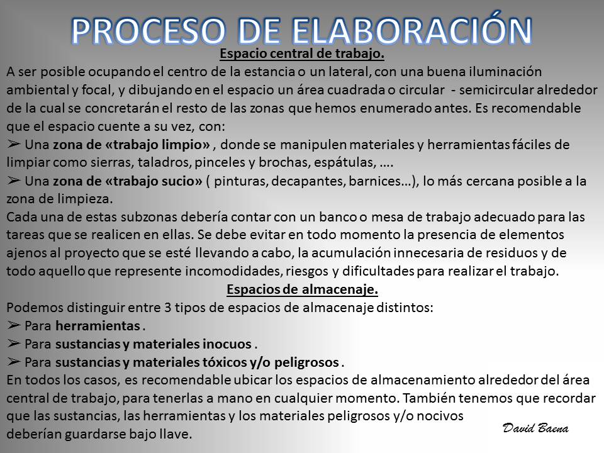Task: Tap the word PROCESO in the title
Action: (148, 30)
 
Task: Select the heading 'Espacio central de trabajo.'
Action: (302, 53)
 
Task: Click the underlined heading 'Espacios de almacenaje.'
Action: (302, 289)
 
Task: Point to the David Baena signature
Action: (535, 428)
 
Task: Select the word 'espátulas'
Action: (345, 162)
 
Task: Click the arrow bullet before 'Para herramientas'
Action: (13, 325)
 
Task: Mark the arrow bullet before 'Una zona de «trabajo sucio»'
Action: (13, 181)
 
